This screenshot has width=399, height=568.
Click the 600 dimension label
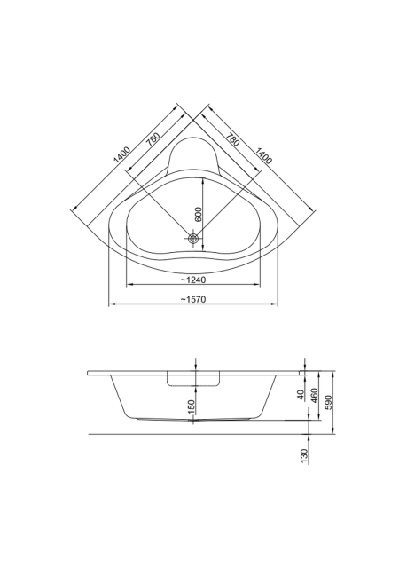[198, 215]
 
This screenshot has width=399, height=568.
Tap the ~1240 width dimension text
[193, 280]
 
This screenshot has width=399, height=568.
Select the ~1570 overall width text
[193, 299]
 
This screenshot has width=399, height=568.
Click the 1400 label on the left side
[121, 155]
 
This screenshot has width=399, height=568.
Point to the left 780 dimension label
[153, 139]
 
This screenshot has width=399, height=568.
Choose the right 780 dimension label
[233, 140]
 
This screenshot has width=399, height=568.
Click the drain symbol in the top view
[193, 238]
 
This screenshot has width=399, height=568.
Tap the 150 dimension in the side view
[192, 406]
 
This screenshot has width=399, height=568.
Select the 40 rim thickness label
[301, 394]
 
